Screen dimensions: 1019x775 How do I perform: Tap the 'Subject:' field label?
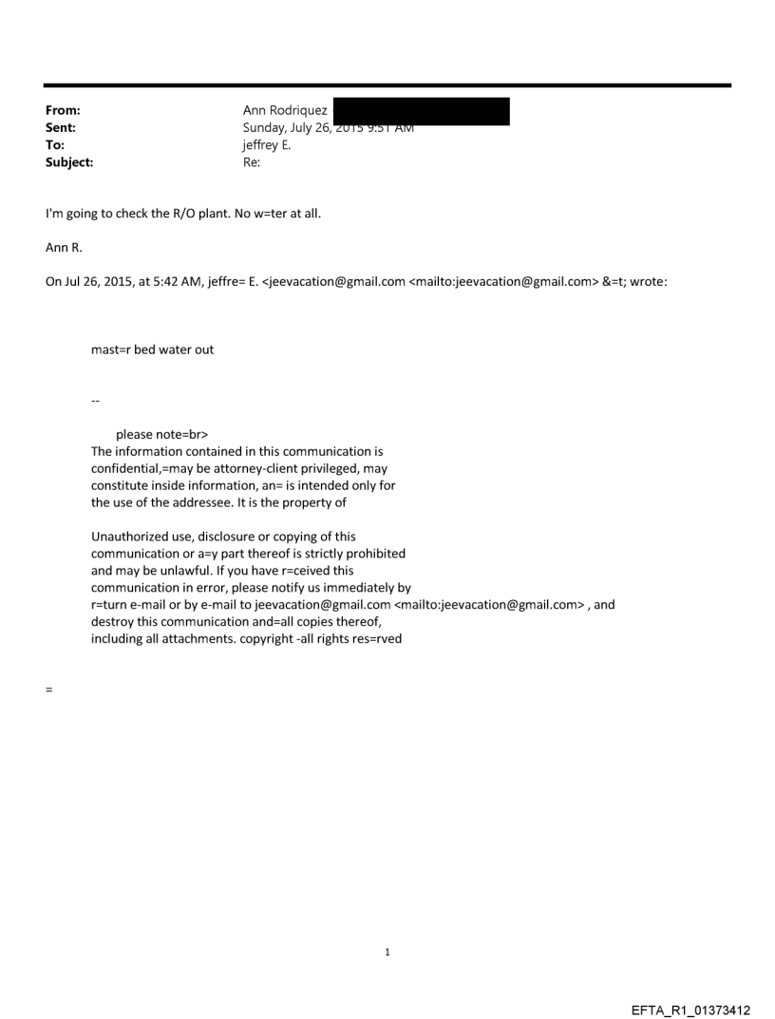[x=66, y=161]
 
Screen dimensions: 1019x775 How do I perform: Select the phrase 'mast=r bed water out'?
[x=152, y=349]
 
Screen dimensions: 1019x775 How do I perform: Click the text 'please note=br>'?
[x=161, y=435]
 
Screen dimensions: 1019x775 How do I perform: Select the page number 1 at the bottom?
[x=387, y=952]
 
